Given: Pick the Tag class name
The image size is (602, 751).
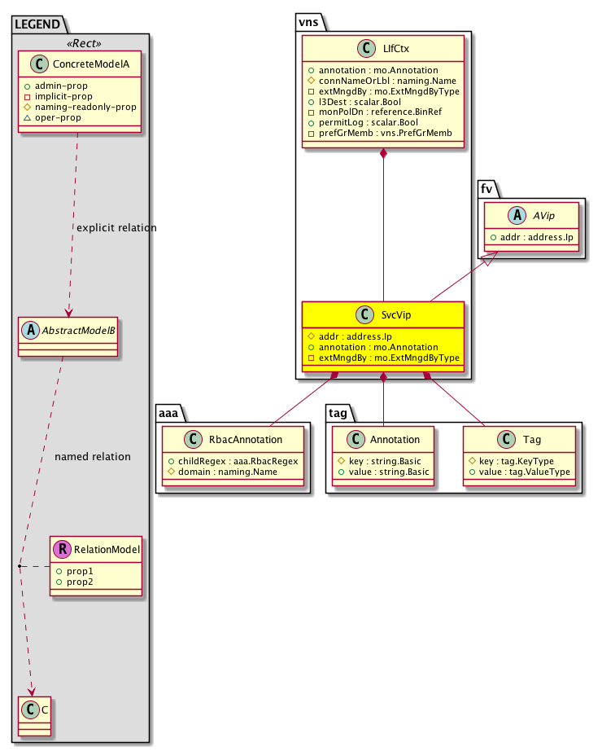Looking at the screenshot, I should [533, 440].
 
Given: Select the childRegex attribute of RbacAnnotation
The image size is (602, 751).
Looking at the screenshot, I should [232, 461].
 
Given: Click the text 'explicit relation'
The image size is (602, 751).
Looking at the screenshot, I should [116, 227].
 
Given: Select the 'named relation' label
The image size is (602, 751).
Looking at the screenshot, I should [93, 457].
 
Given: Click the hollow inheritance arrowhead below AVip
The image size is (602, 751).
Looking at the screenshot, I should [488, 261].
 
